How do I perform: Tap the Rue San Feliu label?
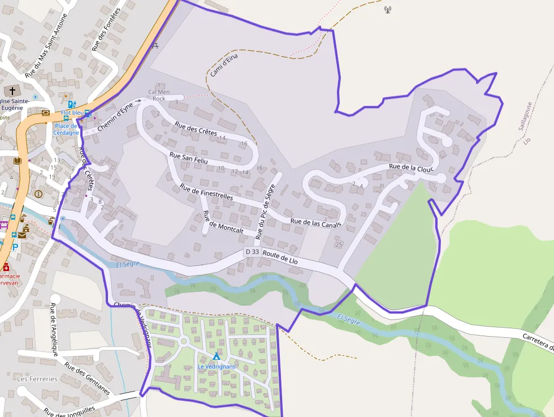[x=189, y=158]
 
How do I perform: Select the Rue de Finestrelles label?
[x=206, y=192]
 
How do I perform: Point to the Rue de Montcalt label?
[x=222, y=222]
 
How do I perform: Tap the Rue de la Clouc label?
[x=411, y=167]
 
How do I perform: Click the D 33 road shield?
[x=252, y=251]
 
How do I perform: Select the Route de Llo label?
[x=280, y=258]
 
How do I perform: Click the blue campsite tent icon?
[x=216, y=356]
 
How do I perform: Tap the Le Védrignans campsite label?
[x=216, y=366]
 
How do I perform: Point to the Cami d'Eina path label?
[x=224, y=65]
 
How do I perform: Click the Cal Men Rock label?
[x=159, y=94]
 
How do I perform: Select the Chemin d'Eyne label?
[x=115, y=118]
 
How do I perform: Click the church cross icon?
[x=12, y=91]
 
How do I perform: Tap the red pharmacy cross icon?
[x=6, y=267]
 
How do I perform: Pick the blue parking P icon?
[x=15, y=247]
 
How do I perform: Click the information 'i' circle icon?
[x=38, y=194]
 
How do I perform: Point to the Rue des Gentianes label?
[x=87, y=378]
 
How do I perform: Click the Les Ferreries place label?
[x=37, y=379]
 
